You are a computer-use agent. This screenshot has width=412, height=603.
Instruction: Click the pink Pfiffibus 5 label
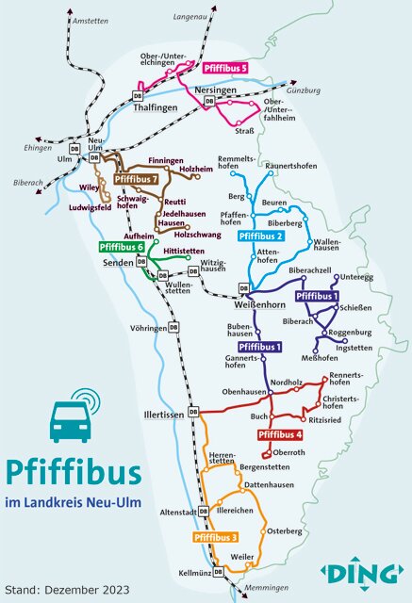[225, 68]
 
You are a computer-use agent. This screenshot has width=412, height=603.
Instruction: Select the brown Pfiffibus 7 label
[136, 179]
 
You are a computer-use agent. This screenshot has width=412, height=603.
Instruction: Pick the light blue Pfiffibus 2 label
[261, 236]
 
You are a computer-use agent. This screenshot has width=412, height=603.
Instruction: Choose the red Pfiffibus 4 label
[280, 434]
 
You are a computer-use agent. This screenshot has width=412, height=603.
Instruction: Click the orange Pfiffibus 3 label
[215, 537]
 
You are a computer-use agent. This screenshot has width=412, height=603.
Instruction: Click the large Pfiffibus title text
[73, 472]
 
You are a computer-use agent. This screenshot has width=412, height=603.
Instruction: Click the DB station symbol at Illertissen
[193, 412]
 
